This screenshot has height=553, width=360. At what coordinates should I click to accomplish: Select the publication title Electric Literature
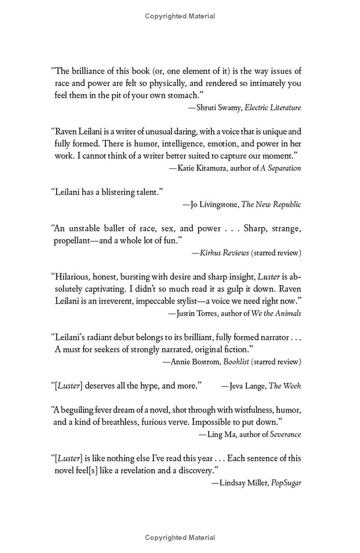click(273, 108)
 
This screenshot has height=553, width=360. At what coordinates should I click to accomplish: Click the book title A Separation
click(281, 168)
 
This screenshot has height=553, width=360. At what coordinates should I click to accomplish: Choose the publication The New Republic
click(271, 204)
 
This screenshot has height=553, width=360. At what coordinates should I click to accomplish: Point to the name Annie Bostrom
click(196, 361)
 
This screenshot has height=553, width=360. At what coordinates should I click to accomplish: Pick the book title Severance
click(285, 434)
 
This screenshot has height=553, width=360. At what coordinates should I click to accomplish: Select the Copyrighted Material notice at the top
click(180, 16)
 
